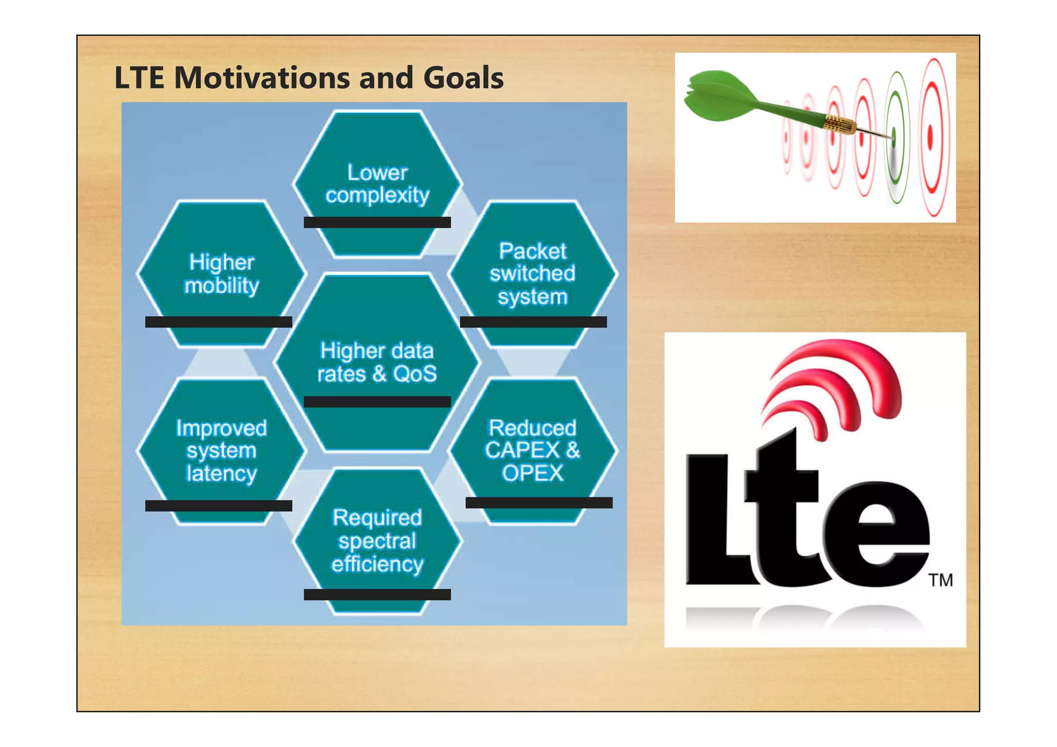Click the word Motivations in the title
tap(262, 78)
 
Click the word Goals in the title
tap(463, 78)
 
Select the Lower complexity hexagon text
tap(377, 184)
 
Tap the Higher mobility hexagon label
tap(221, 274)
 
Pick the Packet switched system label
tap(532, 274)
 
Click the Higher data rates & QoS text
tap(377, 362)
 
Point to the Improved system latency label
tap(221, 450)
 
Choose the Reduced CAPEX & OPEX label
tap(532, 450)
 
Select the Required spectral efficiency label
tap(377, 541)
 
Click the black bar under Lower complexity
tap(377, 222)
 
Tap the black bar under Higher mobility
tap(218, 322)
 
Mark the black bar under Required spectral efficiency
tap(377, 594)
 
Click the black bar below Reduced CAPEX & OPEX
tap(539, 502)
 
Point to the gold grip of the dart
tap(839, 124)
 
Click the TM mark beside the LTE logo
tap(941, 580)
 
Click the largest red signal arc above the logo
tap(846, 361)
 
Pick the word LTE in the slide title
tap(139, 78)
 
